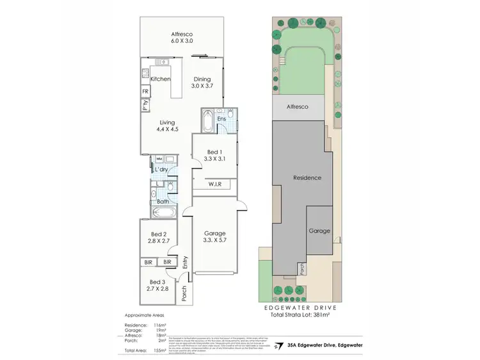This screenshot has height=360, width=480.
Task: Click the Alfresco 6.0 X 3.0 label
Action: (182, 37)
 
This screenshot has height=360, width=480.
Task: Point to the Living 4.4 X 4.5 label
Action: (168, 126)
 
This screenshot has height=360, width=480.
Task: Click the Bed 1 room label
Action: (215, 154)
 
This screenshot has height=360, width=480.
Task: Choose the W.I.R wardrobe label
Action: (215, 184)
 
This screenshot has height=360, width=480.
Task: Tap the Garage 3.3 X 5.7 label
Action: (215, 237)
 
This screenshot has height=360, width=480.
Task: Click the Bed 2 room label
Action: (159, 238)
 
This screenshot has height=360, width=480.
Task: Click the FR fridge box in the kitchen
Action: (145, 92)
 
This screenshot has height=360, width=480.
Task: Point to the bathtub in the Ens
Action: (208, 120)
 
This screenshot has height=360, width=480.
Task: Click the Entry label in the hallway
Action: (184, 262)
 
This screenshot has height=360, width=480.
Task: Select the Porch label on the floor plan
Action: (184, 293)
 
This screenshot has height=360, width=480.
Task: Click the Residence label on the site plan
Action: (307, 177)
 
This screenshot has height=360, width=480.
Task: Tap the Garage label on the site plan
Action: (319, 231)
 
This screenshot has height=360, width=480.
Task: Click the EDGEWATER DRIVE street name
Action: (301, 307)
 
